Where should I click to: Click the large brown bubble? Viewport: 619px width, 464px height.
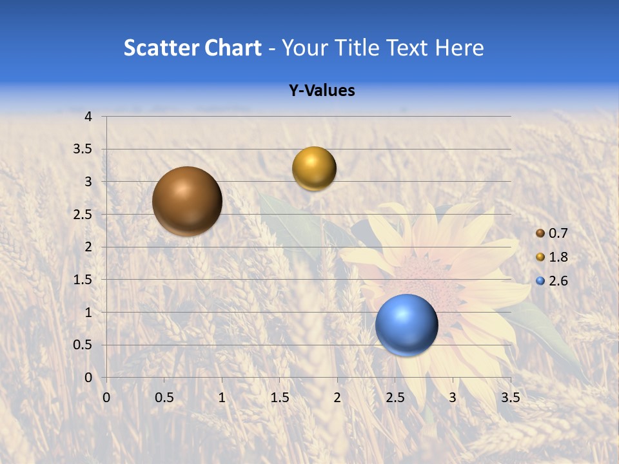pyautogui.click(x=187, y=201)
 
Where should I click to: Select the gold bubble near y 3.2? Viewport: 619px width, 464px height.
pyautogui.click(x=314, y=169)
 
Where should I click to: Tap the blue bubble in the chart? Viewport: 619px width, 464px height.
pyautogui.click(x=406, y=325)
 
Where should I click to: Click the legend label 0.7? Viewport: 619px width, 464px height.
pyautogui.click(x=558, y=233)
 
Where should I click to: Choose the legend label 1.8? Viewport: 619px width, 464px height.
pyautogui.click(x=558, y=257)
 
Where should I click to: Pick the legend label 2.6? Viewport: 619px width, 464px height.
pyautogui.click(x=558, y=281)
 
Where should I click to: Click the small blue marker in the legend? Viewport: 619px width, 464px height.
pyautogui.click(x=540, y=281)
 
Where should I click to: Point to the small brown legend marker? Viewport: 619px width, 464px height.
pyautogui.click(x=540, y=233)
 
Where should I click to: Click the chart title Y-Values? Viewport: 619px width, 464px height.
pyautogui.click(x=321, y=91)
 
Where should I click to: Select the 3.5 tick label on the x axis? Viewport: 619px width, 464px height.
pyautogui.click(x=510, y=398)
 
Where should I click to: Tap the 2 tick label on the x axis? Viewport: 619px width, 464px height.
pyautogui.click(x=337, y=398)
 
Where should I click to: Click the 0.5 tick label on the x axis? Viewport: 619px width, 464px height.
pyautogui.click(x=164, y=398)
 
